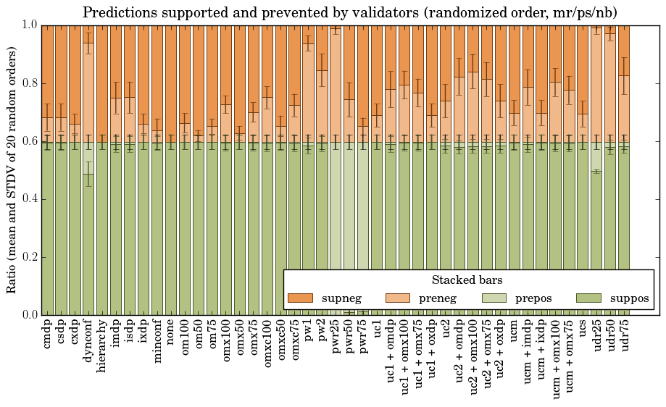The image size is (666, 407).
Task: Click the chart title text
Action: point(349,12)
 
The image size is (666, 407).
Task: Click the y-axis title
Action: point(12,169)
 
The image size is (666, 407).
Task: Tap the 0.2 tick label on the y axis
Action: point(28,257)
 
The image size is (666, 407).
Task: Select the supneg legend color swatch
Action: point(299,298)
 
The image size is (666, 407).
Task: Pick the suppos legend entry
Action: point(629,298)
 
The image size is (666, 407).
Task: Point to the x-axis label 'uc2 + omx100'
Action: point(473,355)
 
